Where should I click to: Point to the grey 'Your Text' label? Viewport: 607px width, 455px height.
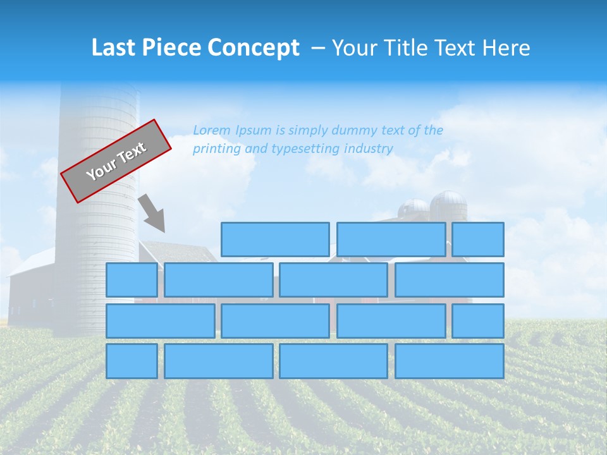116,161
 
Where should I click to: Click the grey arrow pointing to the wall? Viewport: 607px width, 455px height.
152,213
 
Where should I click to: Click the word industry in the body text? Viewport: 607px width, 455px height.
369,149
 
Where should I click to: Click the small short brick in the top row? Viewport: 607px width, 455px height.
478,240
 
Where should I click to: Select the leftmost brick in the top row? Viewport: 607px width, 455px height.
275,240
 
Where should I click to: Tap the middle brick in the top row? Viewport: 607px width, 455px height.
391,240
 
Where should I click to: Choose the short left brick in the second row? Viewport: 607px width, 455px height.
132,280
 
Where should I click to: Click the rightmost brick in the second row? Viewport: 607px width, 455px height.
450,280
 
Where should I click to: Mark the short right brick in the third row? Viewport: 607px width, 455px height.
478,320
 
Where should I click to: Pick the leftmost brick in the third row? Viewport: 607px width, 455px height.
160,320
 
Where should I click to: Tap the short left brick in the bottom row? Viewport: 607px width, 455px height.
132,361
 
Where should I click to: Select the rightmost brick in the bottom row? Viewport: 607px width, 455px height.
450,361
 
